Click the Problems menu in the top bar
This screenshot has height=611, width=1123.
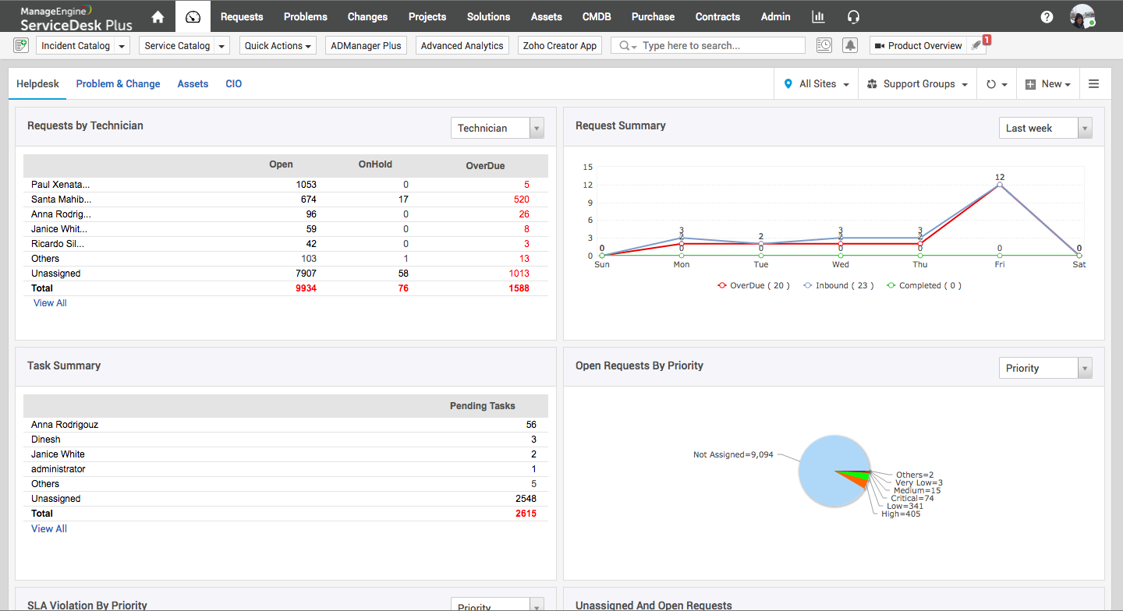point(305,16)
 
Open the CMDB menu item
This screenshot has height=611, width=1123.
point(597,16)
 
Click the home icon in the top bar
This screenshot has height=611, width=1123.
point(158,16)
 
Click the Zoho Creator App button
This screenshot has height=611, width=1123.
point(559,45)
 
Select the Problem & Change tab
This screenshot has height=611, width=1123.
point(118,83)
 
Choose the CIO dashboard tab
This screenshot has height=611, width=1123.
point(233,83)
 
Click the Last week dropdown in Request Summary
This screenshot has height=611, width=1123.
point(1045,128)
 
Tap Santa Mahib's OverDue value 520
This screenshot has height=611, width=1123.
point(516,200)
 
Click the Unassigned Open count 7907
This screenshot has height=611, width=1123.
point(306,274)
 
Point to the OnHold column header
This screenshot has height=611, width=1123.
point(375,164)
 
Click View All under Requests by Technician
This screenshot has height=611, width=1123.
point(50,303)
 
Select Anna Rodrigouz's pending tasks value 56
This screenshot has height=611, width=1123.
point(531,425)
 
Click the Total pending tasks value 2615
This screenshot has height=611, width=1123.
point(526,514)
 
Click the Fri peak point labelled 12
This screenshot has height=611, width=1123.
point(1000,185)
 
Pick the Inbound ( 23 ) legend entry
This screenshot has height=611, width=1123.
point(838,285)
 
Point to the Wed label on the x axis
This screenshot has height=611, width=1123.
point(841,264)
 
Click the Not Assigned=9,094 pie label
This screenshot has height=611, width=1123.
point(733,454)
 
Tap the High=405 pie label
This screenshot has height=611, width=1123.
point(901,514)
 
